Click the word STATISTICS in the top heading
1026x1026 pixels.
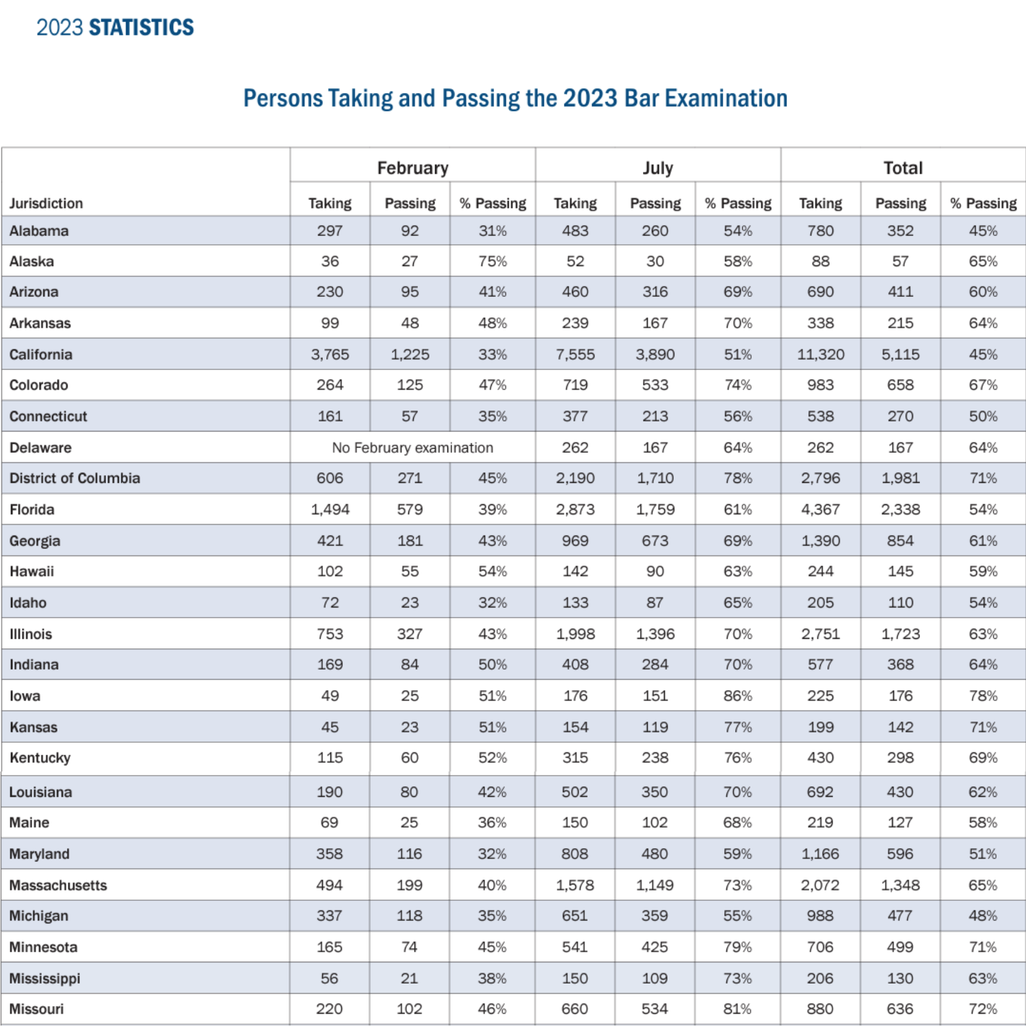coord(142,27)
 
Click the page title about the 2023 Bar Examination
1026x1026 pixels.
coord(515,98)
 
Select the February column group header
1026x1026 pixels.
coord(412,168)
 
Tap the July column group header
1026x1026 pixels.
coord(657,168)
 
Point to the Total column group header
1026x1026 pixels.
coord(903,168)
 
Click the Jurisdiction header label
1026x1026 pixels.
coord(46,204)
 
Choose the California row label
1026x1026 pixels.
coord(41,354)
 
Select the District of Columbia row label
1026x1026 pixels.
coord(75,478)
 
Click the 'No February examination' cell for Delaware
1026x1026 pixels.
coord(412,448)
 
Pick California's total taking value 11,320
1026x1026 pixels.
coord(820,354)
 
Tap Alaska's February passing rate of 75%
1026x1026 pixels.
coord(492,261)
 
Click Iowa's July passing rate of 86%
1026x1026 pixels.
coord(737,696)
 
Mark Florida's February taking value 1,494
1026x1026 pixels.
coord(330,510)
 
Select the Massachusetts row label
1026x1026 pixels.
coord(58,885)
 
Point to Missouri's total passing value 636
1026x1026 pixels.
coord(900,1009)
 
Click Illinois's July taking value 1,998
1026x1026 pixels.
coord(575,634)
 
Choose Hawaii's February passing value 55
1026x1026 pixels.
coord(410,571)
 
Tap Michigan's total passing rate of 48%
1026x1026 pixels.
coord(982,916)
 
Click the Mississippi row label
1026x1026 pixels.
coord(45,978)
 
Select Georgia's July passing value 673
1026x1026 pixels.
coord(655,541)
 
